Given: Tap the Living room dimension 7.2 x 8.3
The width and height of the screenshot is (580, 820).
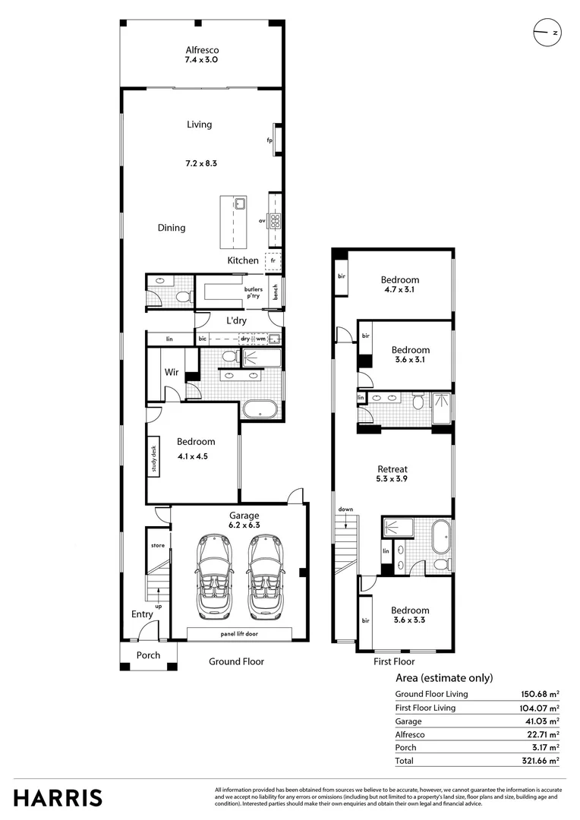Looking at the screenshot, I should point(201,163).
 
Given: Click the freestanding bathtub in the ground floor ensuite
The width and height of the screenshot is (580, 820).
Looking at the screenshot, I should point(261,410).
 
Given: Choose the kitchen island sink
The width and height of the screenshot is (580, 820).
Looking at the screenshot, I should point(239,203).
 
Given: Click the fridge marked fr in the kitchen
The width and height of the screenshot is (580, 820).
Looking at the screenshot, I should point(273,260).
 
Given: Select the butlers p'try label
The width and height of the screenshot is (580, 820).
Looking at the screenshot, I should point(254,293).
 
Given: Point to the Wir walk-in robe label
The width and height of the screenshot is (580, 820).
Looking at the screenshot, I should point(172,372).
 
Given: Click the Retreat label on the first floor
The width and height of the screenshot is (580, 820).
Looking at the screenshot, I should point(392,469).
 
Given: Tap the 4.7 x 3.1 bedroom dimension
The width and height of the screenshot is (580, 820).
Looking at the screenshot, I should point(399,290).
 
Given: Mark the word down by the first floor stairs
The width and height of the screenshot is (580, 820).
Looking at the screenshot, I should point(345,509).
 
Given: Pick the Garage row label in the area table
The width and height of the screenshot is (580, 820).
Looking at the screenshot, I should point(410,721).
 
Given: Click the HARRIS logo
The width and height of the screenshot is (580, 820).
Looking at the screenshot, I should point(58,798).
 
